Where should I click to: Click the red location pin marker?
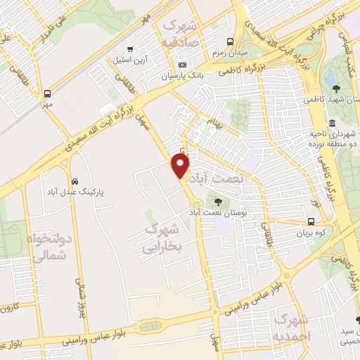(181, 166)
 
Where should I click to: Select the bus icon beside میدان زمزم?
(229, 41)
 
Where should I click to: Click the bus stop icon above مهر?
(47, 94)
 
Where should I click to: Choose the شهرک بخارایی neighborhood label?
(161, 238)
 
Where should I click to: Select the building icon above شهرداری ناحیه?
(332, 123)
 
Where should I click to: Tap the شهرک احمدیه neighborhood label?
(292, 328)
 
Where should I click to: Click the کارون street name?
(9, 308)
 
